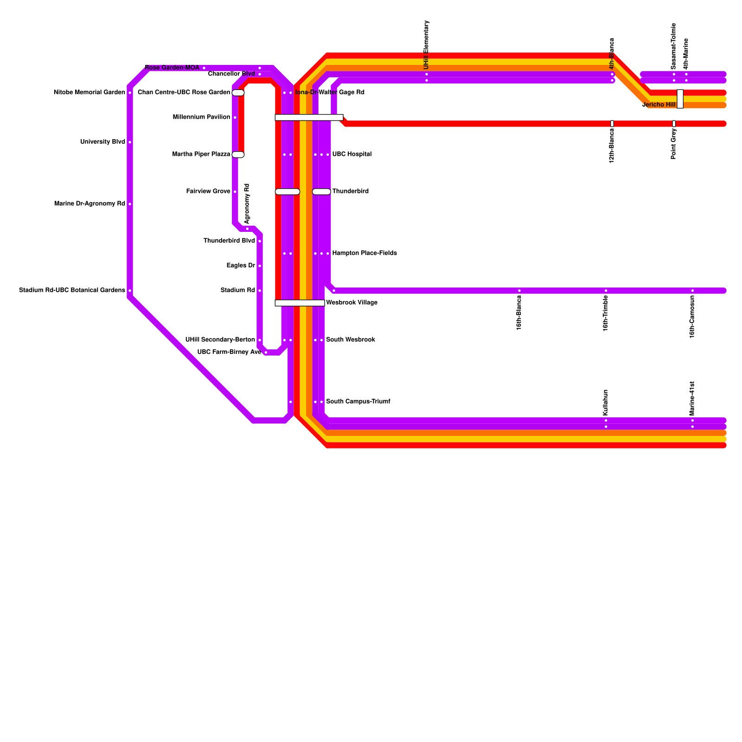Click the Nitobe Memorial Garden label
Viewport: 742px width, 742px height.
[89, 93]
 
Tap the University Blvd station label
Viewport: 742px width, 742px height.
[102, 142]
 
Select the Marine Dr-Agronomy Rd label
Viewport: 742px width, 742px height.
[90, 204]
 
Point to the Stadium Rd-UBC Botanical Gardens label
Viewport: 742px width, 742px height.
[72, 290]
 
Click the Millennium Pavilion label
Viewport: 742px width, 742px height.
[201, 117]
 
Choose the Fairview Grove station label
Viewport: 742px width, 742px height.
[208, 192]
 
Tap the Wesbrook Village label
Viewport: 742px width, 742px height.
[352, 303]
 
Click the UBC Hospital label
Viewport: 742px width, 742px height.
[352, 154]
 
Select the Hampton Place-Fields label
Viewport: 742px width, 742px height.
[365, 253]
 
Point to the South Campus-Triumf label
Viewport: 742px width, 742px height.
[358, 402]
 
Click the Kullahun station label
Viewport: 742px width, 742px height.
[606, 402]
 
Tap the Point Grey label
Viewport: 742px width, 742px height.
[674, 144]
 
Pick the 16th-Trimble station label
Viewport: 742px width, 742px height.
[606, 313]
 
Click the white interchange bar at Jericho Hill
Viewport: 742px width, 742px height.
[680, 99]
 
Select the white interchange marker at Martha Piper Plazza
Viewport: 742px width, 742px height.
[238, 154]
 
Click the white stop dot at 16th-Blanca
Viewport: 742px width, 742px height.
[519, 291]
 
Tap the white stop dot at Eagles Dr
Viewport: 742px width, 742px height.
[260, 266]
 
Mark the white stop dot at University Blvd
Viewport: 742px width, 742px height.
[130, 142]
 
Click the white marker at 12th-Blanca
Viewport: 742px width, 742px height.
[612, 124]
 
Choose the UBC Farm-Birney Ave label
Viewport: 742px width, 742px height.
[229, 352]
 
